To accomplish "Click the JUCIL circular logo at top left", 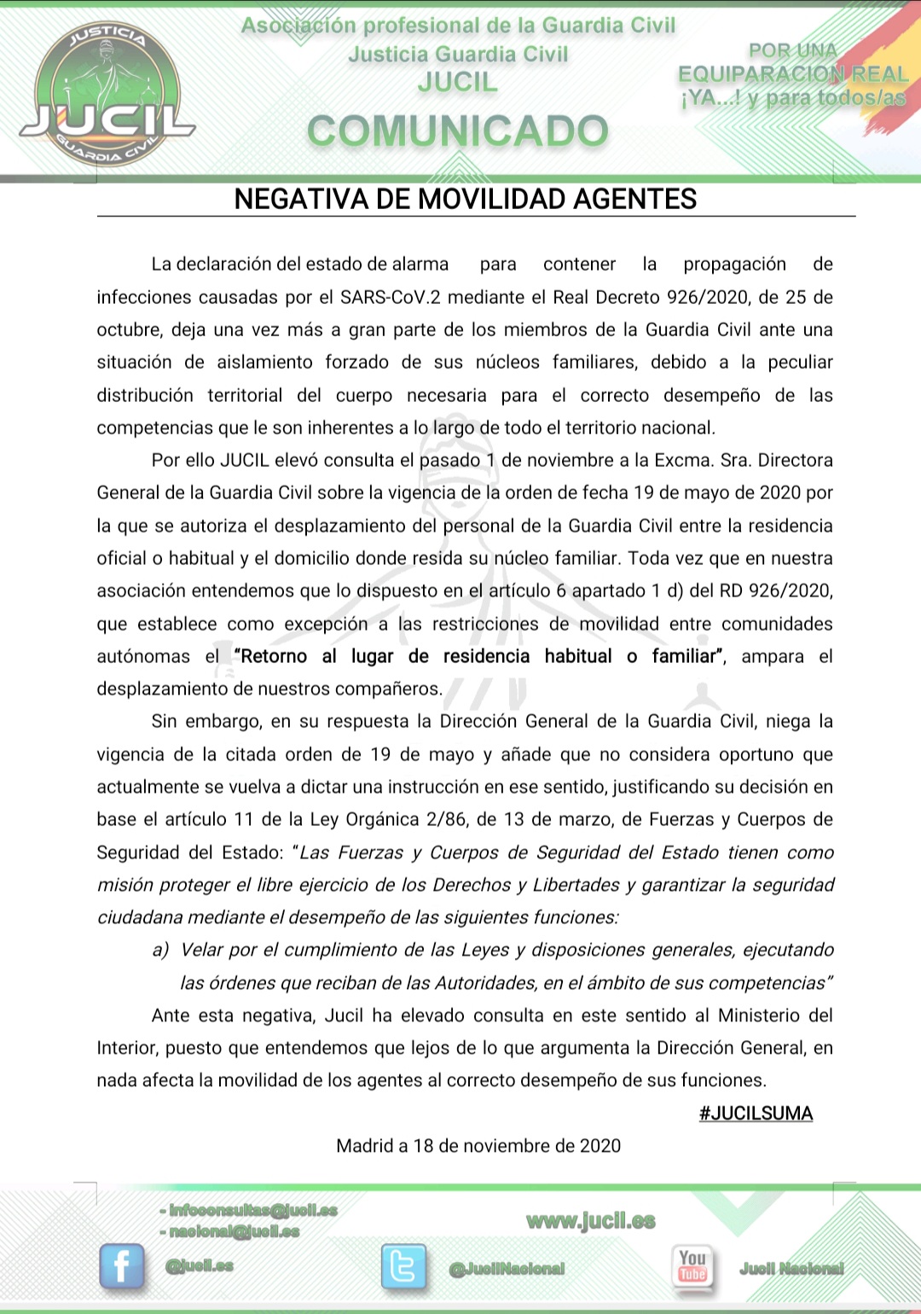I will click(106, 95).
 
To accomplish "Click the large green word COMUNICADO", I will click(458, 131).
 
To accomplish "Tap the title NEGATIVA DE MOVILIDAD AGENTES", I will click(466, 199).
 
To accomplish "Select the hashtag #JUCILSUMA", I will click(756, 1113).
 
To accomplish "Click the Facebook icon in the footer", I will click(121, 1265).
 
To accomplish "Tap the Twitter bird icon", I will click(403, 1265).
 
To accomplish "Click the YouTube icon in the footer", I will click(692, 1265).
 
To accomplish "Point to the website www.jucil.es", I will click(591, 1221).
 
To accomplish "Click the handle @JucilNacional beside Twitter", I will click(507, 1269).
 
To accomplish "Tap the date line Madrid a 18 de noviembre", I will click(478, 1146).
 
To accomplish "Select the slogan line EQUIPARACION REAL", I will click(793, 74).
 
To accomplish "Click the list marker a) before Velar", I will click(160, 950).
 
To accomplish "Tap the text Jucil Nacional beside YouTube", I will click(791, 1269).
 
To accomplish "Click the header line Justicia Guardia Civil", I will click(458, 54).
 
